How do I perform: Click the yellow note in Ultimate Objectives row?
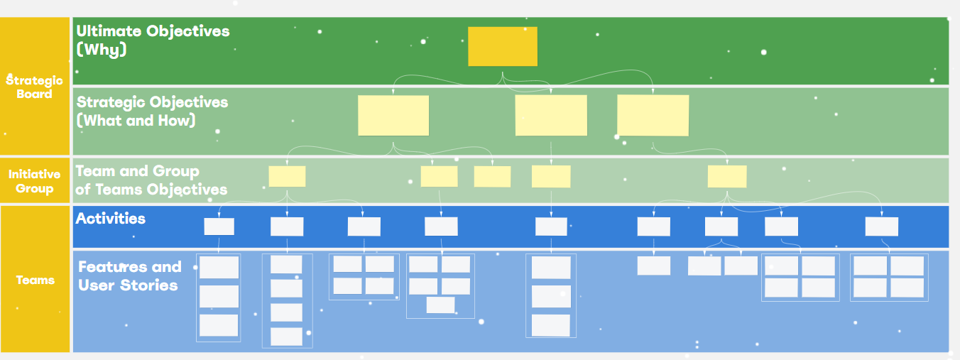click(502, 46)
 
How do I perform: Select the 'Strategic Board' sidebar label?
click(35, 87)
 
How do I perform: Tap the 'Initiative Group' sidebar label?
click(35, 181)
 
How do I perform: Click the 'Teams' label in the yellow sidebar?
click(35, 280)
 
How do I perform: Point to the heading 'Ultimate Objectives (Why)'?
click(153, 40)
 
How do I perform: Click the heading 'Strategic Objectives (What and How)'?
click(152, 111)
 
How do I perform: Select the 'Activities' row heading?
click(111, 219)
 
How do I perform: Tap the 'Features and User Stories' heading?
click(129, 276)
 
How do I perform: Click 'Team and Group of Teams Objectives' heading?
click(151, 180)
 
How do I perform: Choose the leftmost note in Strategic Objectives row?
click(393, 115)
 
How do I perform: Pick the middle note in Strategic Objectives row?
click(551, 115)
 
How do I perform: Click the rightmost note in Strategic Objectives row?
click(653, 115)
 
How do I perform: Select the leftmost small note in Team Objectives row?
click(287, 176)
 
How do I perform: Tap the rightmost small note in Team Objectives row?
click(726, 176)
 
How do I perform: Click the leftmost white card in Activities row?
click(219, 227)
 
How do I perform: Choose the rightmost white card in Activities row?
click(881, 227)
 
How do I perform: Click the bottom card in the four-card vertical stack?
click(286, 337)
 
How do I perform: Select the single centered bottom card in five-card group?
click(440, 305)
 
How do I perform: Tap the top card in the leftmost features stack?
click(219, 268)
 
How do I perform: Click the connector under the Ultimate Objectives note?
click(503, 77)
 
